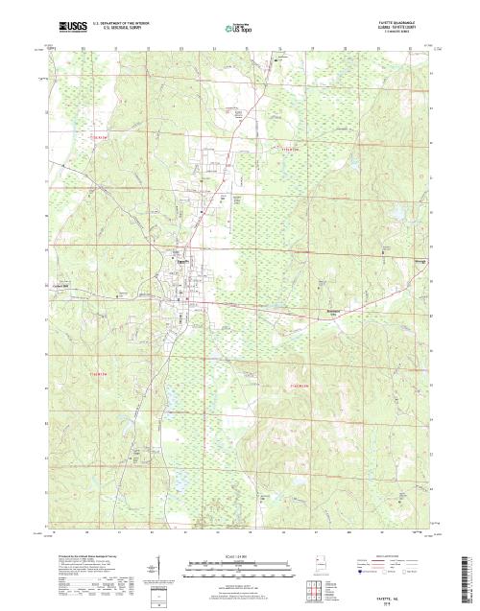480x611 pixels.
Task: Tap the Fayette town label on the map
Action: pos(180,256)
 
